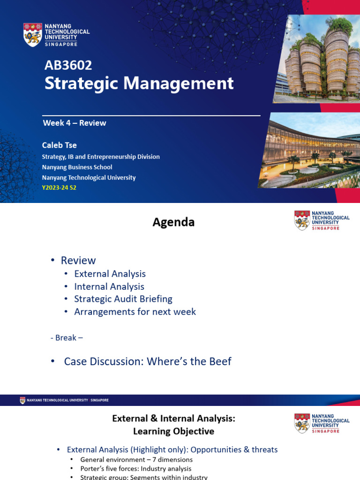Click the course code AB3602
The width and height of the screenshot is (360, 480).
tap(68, 66)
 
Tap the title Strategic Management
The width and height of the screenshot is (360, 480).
tap(139, 83)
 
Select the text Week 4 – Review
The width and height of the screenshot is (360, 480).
tap(75, 123)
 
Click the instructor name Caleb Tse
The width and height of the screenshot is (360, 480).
tap(59, 145)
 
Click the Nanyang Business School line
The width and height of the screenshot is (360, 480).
tap(77, 167)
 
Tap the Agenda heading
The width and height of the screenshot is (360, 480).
tap(173, 222)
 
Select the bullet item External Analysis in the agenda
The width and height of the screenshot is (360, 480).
tap(110, 274)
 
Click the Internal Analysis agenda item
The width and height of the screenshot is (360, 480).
tap(109, 286)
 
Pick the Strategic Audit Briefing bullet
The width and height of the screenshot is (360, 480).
tap(123, 299)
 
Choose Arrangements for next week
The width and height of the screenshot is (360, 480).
tap(135, 312)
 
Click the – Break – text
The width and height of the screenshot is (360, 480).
tap(67, 337)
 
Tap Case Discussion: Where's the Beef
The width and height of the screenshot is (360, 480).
tap(148, 361)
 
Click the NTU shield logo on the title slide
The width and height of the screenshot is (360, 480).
tap(32, 34)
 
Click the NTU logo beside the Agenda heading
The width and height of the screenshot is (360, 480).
tap(302, 220)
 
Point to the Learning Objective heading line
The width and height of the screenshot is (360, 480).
tap(173, 431)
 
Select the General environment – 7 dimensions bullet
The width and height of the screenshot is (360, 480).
tap(136, 460)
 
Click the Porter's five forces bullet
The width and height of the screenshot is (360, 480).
tap(135, 469)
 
